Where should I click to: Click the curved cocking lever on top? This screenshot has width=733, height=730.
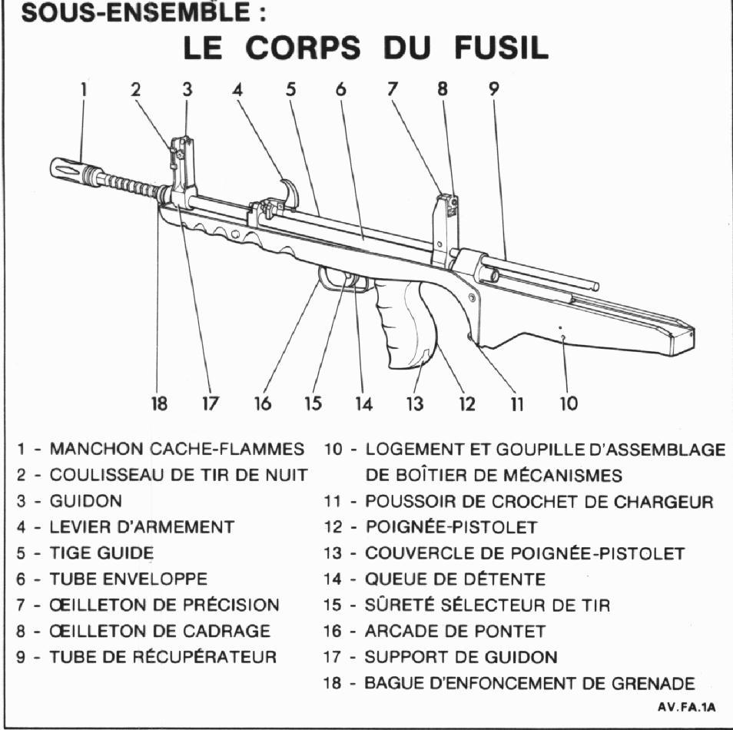(x=290, y=193)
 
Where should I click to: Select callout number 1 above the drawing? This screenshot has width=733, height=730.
(x=84, y=88)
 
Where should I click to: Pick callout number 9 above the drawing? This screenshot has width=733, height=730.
(x=494, y=88)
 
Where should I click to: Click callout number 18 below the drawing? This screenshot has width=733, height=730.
(x=159, y=403)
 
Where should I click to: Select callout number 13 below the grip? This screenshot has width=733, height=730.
(x=415, y=403)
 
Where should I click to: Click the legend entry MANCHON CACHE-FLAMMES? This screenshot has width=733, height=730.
(x=177, y=449)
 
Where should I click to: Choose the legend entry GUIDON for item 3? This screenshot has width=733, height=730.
(x=85, y=501)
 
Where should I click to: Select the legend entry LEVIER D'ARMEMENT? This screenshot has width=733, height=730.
(x=142, y=527)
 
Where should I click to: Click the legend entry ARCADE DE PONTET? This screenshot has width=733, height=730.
(x=455, y=631)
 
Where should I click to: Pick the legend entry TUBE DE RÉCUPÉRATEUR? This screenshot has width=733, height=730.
(x=163, y=657)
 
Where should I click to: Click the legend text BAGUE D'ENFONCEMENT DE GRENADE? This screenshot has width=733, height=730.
(x=529, y=682)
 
